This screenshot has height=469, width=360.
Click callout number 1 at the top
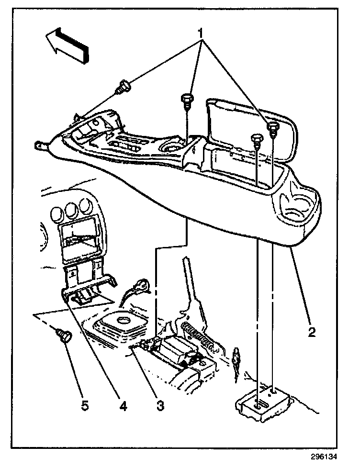pyautogui.click(x=202, y=33)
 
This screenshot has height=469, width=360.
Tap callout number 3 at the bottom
pyautogui.click(x=160, y=406)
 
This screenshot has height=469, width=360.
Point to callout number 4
pyautogui.click(x=123, y=406)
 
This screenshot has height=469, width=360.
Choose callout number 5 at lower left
pyautogui.click(x=84, y=406)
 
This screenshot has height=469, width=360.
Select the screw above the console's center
pyautogui.click(x=186, y=100)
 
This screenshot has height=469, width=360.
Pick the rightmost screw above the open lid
pyautogui.click(x=273, y=128)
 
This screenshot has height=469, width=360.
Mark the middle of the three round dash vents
pyautogui.click(x=73, y=209)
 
